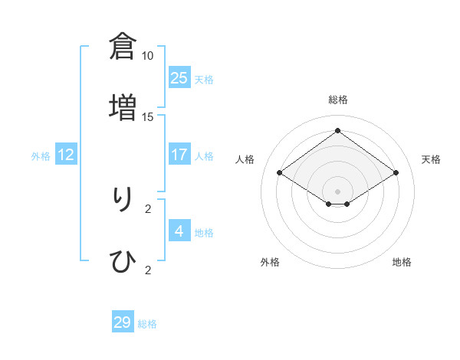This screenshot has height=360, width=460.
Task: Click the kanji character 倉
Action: tap(123, 47)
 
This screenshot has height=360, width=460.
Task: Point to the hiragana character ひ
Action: tap(123, 261)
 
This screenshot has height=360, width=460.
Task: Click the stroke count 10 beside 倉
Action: tap(148, 56)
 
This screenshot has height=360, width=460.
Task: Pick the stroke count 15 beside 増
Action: tap(148, 116)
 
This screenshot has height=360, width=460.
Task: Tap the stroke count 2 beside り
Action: tap(148, 208)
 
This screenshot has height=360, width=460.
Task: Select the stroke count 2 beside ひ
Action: tap(148, 270)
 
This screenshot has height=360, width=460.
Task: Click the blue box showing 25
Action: tap(179, 77)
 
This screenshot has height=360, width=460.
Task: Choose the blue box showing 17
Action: tap(179, 154)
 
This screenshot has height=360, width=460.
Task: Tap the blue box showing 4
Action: tap(179, 231)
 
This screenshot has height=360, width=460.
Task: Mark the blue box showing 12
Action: tap(66, 154)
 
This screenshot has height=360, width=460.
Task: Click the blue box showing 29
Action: tap(123, 322)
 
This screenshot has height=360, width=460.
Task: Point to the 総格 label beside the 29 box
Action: tap(147, 324)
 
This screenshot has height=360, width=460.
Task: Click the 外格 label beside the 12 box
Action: tap(41, 156)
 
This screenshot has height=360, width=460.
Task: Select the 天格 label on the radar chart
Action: tap(431, 159)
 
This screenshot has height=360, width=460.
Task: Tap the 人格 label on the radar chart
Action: tap(245, 159)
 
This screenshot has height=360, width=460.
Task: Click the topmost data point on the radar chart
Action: tap(337, 130)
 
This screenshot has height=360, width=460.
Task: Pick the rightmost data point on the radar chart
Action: tap(396, 173)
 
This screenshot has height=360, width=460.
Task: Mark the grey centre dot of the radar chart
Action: tap(337, 191)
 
